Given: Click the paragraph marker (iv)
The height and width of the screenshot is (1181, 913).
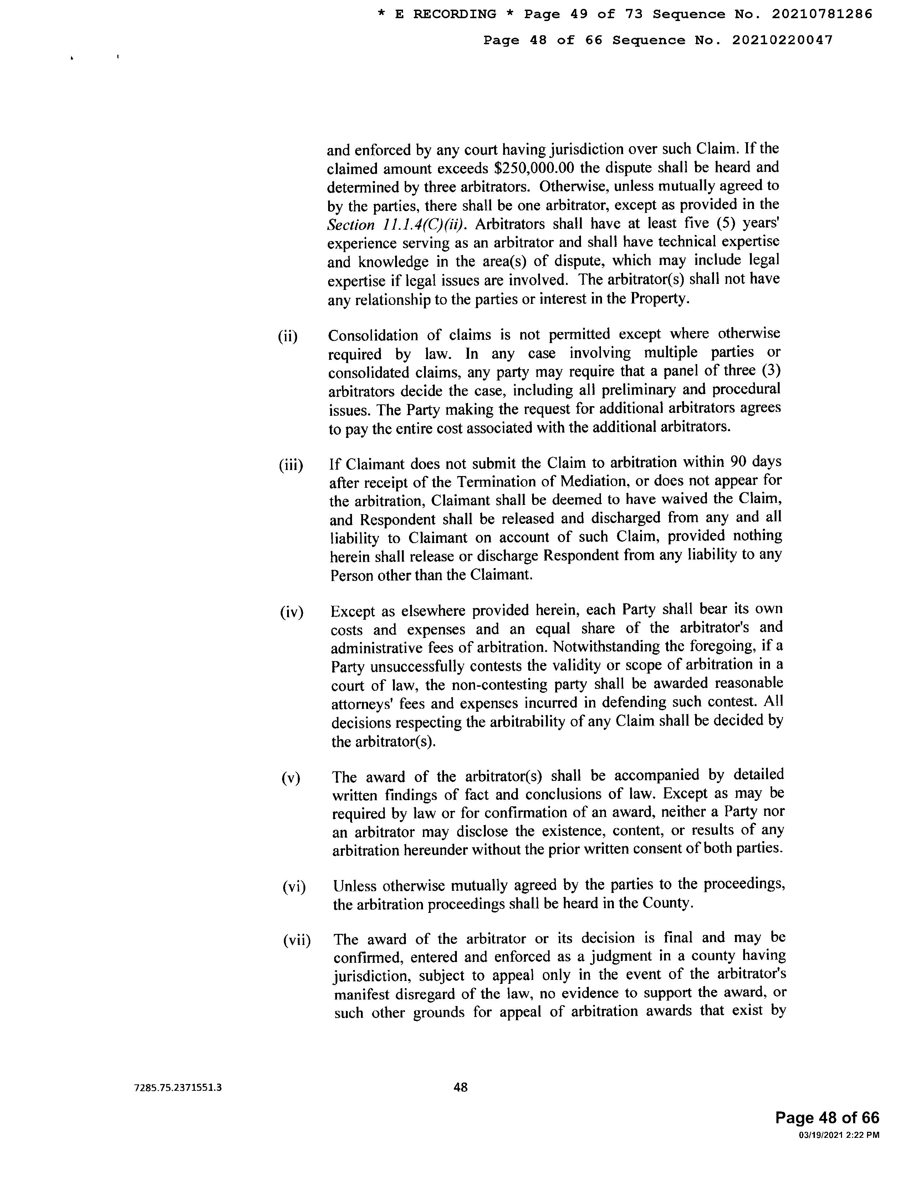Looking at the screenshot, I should pyautogui.click(x=291, y=613).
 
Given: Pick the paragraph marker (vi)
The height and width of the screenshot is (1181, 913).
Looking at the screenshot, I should pyautogui.click(x=294, y=887).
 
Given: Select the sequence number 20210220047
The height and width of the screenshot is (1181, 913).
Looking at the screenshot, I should pyautogui.click(x=782, y=40).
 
